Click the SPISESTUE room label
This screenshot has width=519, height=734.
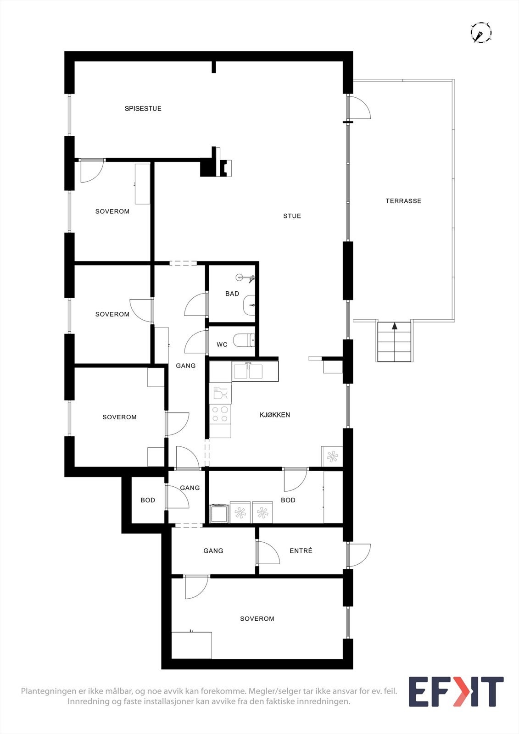pos(143,109)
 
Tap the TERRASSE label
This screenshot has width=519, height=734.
pos(403,201)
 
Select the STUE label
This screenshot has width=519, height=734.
pos(292,216)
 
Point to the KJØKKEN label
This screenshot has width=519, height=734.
pos(274,415)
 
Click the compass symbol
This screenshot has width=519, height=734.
pos(480,33)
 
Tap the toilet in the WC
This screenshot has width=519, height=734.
pos(243,340)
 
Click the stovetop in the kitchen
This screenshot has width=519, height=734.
pos(220,414)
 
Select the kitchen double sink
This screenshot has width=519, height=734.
pos(248,371)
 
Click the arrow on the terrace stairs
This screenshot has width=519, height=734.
pos(394,326)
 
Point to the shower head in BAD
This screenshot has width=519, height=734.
pos(240,277)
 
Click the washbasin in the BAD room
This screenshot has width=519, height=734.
pos(249,305)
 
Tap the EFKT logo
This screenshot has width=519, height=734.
pos(456,691)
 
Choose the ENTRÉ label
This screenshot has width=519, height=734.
pos(301,551)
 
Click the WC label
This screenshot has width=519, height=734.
pos(222,345)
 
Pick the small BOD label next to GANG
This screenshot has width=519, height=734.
pos(148,500)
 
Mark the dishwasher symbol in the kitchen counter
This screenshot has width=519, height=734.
pos(220,394)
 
